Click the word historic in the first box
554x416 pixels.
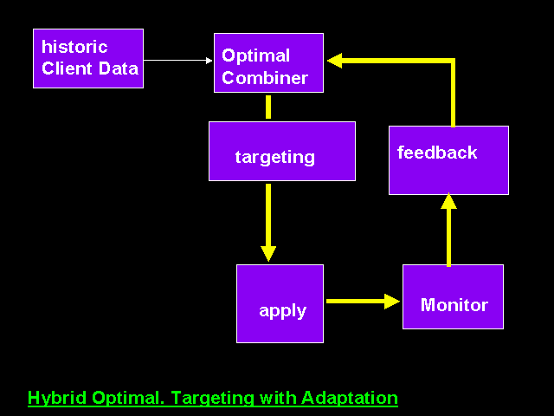(74, 47)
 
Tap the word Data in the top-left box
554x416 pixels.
(119, 68)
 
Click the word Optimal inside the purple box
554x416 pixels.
(256, 55)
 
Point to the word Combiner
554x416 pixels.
(265, 78)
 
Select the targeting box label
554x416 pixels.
(275, 158)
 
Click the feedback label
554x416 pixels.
(437, 153)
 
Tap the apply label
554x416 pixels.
(283, 312)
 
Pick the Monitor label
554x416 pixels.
(454, 305)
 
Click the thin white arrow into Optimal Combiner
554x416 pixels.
(178, 61)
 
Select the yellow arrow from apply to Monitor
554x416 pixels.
(364, 302)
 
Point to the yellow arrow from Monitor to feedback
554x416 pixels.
(448, 230)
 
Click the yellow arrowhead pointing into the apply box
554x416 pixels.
(268, 254)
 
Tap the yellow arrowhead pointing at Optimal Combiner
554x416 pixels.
(335, 61)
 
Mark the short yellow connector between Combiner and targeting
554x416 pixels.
(268, 107)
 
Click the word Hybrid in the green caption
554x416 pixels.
(57, 398)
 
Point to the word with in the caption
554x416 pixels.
(278, 398)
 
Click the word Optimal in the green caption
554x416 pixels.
(128, 398)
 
